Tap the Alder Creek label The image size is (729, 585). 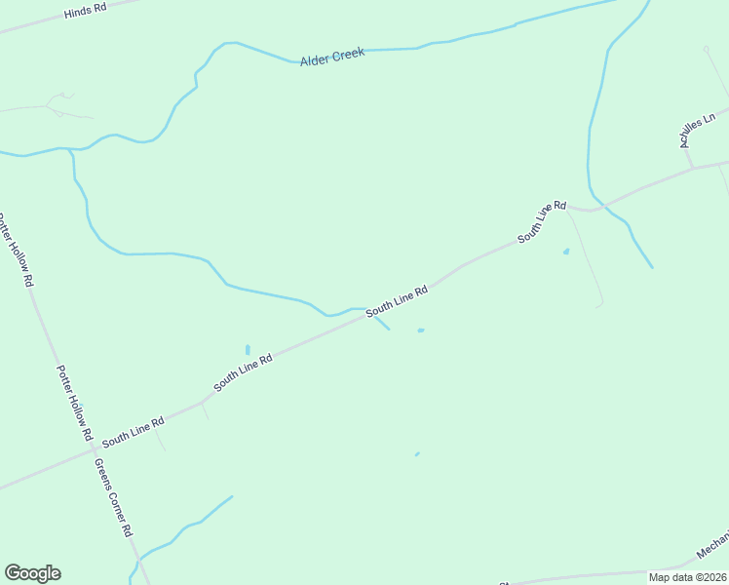332,58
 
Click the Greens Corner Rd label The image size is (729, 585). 113,496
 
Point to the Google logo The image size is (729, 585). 32,573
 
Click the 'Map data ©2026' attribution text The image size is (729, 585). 687,576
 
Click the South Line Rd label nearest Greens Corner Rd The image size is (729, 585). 133,429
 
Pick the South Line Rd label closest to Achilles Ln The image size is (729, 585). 541,222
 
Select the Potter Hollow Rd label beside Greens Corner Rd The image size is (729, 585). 74,403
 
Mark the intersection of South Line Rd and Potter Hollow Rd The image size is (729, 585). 92,450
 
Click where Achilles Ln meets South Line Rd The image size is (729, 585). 693,168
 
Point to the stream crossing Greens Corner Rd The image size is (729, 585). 138,563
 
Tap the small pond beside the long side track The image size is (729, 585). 566,252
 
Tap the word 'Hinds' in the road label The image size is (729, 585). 77,14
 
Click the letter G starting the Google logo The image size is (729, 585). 13,573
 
